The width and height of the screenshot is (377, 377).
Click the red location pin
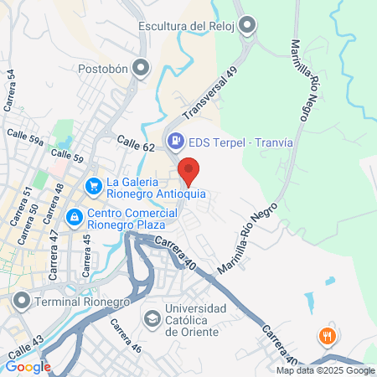pyautogui.click(x=189, y=170)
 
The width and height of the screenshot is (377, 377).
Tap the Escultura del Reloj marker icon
pyautogui.click(x=246, y=27)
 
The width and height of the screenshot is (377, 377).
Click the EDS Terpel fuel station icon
pyautogui.click(x=176, y=142)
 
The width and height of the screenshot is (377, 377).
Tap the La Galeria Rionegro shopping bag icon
pyautogui.click(x=93, y=185)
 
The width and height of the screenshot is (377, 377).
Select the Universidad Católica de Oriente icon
pyautogui.click(x=152, y=318)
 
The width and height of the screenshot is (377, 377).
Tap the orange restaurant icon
pyautogui.click(x=327, y=337)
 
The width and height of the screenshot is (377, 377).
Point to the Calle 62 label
pyautogui.click(x=137, y=145)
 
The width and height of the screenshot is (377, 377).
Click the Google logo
pyautogui.click(x=28, y=366)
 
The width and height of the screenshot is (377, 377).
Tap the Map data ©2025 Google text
pyautogui.click(x=326, y=370)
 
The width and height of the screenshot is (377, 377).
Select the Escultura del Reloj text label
pyautogui.click(x=185, y=27)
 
